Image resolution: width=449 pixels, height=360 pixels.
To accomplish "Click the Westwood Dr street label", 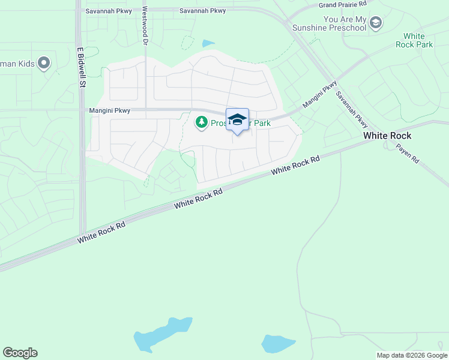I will point(145,26).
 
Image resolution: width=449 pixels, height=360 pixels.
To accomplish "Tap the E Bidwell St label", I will point(79,68).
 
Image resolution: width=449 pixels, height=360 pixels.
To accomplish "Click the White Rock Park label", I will point(418,40).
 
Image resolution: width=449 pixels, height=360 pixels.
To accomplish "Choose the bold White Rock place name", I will point(387,136).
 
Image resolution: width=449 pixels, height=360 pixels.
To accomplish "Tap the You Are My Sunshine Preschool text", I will point(345,24).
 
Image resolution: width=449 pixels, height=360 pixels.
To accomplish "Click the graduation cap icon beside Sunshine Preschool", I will point(376,23).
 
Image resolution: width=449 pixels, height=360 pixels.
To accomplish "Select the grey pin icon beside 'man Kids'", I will point(43,62).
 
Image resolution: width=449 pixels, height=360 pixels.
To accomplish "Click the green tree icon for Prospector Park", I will point(202,123).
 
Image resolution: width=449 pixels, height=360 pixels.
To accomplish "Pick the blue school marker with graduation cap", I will point(237,119).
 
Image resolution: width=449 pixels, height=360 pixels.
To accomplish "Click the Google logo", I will point(20,353).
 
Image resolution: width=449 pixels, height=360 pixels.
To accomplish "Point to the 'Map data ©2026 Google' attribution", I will point(412,355).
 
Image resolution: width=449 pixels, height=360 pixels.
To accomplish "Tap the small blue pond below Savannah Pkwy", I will point(208,43).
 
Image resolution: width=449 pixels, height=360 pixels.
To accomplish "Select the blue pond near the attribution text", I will point(277,344).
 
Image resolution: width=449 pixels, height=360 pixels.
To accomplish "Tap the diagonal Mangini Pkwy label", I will point(321,95).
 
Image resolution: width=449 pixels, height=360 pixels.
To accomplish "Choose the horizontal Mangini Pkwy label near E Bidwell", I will point(109,110).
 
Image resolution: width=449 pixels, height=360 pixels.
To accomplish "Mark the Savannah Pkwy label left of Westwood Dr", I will point(106,11).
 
